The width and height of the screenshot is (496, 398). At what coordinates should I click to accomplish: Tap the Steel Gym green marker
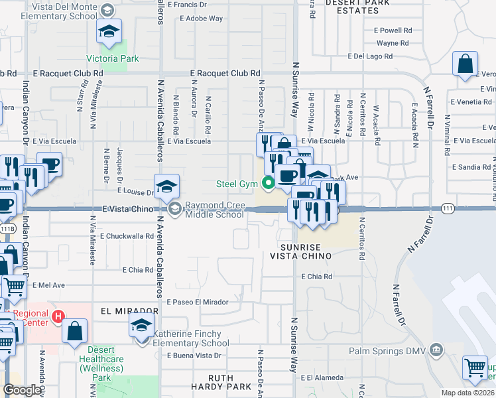coord(269,184)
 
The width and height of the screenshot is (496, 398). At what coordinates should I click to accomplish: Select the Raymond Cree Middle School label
coord(214,210)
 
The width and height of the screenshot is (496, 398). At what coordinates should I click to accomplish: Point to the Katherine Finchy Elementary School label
coord(191,338)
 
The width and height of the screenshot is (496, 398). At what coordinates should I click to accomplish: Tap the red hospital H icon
coord(58,317)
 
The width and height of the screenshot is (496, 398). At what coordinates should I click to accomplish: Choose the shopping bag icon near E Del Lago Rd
coord(465,64)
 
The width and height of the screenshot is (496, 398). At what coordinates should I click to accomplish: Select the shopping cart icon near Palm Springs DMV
coord(475,367)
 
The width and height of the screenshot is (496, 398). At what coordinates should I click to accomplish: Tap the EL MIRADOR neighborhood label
coord(129,310)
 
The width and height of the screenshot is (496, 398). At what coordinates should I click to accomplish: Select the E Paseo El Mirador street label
coord(198,302)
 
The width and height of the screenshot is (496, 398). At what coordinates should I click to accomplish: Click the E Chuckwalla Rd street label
coord(127,235)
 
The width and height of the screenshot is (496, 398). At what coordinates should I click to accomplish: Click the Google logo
coord(22,391)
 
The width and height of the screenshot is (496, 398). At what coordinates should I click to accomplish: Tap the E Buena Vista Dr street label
coord(194,356)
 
